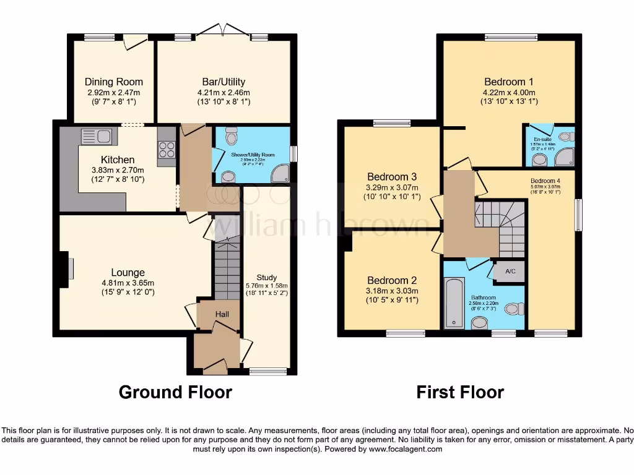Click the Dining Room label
(113, 82)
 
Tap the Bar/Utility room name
(224, 82)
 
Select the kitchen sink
(96, 135)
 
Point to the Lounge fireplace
(65, 269)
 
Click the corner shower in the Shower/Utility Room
(280, 174)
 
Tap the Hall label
(222, 315)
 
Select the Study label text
(267, 277)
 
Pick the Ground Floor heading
(175, 392)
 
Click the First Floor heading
(459, 392)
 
